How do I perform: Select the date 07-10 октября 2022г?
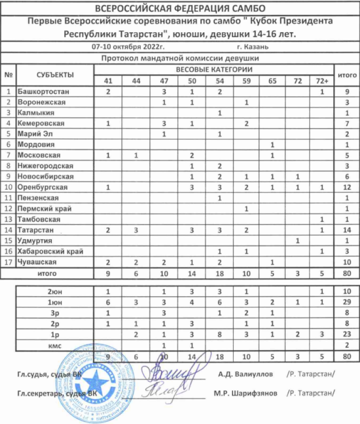[x=128, y=47]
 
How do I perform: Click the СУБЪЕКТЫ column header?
[x=55, y=75]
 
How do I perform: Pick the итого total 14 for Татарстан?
[x=347, y=230]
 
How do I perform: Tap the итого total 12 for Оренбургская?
[x=347, y=187]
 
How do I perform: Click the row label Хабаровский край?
[x=50, y=251]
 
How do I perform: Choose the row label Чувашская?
[x=37, y=262]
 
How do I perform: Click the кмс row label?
[x=55, y=345]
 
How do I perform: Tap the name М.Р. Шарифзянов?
[x=245, y=393]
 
